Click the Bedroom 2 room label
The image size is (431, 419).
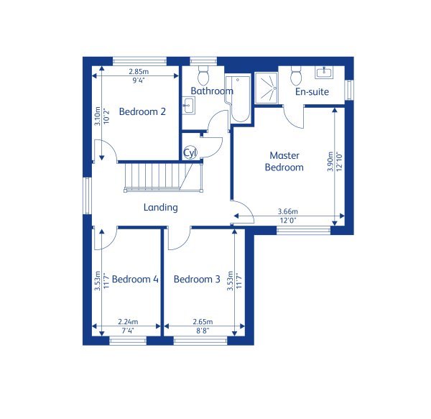pos(142,111)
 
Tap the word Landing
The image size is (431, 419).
pos(160,207)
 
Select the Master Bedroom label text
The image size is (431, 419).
pos(284,161)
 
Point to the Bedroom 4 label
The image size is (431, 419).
pos(135,279)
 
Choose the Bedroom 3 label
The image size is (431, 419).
pos(197,279)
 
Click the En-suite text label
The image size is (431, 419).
pos(312,92)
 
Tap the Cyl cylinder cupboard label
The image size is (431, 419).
pos(190,152)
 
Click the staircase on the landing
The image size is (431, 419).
pos(164,177)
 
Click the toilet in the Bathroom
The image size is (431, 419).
pos(204,75)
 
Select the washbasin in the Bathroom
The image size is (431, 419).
pos(187,107)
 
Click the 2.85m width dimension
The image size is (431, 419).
pos(139,71)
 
